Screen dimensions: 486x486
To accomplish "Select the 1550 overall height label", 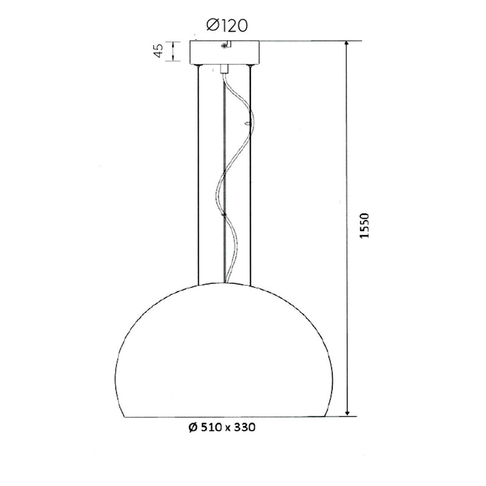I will pyautogui.click(x=364, y=228).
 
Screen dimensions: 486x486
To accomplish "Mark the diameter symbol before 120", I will pyautogui.click(x=212, y=25).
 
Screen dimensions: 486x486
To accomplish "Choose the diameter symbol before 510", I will pyautogui.click(x=193, y=428).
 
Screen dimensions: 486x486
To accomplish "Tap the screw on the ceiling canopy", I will pyautogui.click(x=225, y=44).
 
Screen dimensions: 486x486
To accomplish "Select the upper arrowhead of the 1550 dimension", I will pyautogui.click(x=347, y=45).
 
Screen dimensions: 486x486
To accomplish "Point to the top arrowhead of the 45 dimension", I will pyautogui.click(x=175, y=44).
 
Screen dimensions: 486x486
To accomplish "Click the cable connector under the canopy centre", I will pyautogui.click(x=225, y=68).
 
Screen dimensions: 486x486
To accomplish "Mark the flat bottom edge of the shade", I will pyautogui.click(x=224, y=417).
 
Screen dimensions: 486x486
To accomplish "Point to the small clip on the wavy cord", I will pyautogui.click(x=245, y=123).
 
